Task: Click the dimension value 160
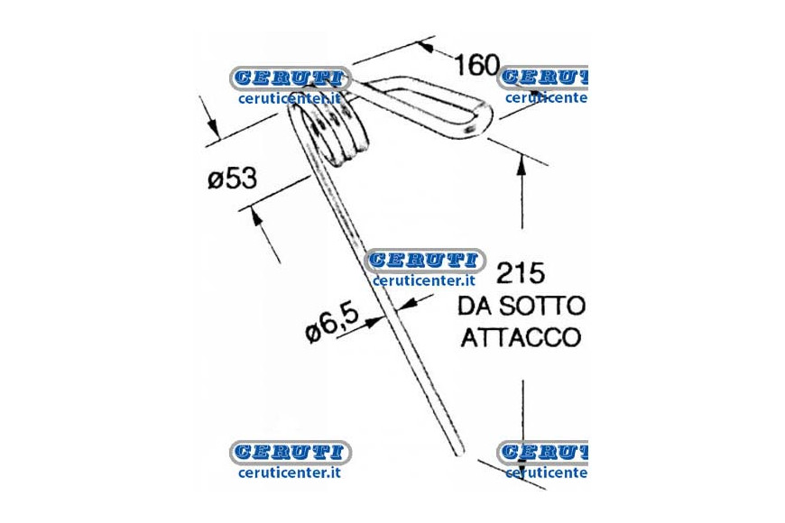point(477,65)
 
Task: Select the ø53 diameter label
point(232,179)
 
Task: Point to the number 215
point(520,273)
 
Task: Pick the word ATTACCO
point(521,337)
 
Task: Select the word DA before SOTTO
point(476,306)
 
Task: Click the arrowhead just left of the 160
point(425,47)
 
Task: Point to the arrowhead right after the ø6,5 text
point(373,322)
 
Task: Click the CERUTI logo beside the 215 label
point(425,261)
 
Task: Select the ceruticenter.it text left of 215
point(423,280)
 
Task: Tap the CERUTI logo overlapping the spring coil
point(291,78)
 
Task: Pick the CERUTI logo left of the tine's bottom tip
point(291,453)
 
